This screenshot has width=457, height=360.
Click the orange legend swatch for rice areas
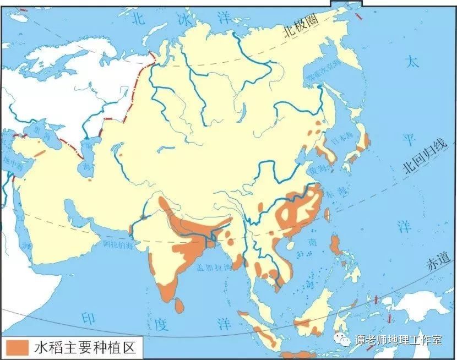point(17,347)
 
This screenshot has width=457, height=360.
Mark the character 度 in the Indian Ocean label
point(160,324)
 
